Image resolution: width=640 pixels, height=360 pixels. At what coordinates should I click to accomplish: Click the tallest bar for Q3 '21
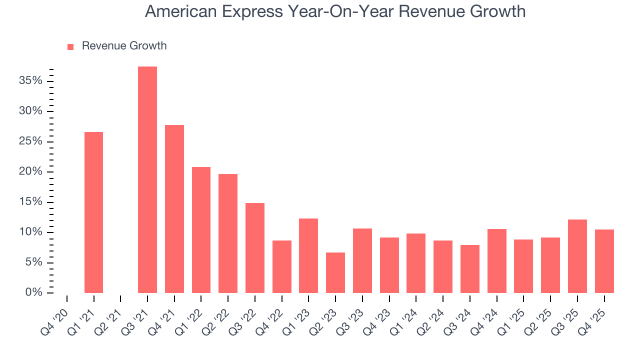pos(147,179)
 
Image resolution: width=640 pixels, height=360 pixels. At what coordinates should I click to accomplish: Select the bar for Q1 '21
pos(93,212)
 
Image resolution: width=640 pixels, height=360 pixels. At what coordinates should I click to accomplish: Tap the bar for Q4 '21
pos(174,209)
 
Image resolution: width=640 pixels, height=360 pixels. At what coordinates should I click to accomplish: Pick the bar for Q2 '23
pos(335,272)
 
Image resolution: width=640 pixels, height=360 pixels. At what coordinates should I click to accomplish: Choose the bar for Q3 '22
pos(255,248)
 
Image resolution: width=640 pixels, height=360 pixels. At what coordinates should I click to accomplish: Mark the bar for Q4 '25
pos(604,261)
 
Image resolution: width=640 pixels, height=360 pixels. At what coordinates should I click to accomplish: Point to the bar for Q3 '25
pos(577,256)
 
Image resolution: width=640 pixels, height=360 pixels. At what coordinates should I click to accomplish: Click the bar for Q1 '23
pos(308,255)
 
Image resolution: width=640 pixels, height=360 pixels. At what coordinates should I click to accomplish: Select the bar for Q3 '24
pos(470,269)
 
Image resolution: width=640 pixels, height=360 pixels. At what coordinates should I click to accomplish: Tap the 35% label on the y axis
pos(30,80)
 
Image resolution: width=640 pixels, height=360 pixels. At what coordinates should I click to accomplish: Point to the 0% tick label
pos(33,292)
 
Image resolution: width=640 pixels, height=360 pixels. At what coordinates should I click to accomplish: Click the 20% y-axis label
pos(30,171)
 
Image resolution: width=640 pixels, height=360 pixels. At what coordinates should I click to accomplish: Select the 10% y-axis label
pos(30,232)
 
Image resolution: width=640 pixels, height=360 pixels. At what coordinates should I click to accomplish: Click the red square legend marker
pos(70,46)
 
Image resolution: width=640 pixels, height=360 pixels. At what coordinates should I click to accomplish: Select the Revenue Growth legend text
pos(124,46)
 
